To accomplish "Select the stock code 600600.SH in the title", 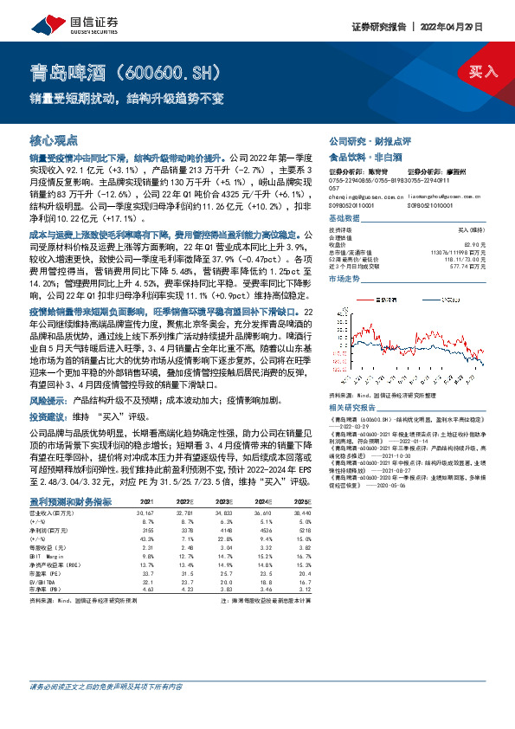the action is (x=173, y=70).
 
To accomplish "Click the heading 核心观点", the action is (x=54, y=139).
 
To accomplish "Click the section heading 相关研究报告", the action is (x=351, y=406).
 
